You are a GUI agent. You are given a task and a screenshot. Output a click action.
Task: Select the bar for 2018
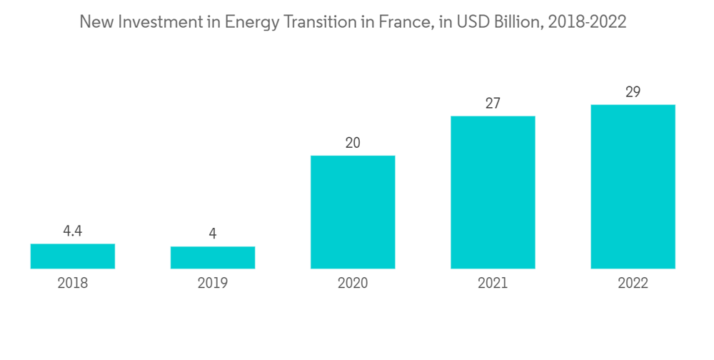coord(72,256)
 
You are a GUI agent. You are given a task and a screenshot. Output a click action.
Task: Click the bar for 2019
coord(212,258)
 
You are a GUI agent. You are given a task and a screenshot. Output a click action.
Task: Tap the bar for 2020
coord(353,212)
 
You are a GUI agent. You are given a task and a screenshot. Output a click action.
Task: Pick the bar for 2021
coord(493,192)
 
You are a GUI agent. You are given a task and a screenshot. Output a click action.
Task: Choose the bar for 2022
coord(633,186)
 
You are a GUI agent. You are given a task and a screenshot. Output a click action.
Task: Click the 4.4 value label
coord(72,231)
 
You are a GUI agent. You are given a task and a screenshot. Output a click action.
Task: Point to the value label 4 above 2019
coord(212,234)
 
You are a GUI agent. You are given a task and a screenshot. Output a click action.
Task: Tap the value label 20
coord(353,143)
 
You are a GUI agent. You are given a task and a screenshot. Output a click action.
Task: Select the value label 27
coord(493,104)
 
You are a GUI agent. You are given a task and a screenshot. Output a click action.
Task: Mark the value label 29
coord(633,92)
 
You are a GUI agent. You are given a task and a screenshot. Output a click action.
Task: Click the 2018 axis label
coord(72,284)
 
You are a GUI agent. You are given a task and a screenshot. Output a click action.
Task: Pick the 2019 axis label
coord(212,284)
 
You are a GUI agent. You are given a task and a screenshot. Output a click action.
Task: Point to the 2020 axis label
coord(353,284)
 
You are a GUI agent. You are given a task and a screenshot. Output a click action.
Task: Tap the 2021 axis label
coord(493,284)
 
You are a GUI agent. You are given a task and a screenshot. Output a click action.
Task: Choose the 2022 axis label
coord(633,284)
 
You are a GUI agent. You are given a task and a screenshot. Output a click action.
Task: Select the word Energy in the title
coord(248,22)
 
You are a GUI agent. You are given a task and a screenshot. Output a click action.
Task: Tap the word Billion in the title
coord(517,22)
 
